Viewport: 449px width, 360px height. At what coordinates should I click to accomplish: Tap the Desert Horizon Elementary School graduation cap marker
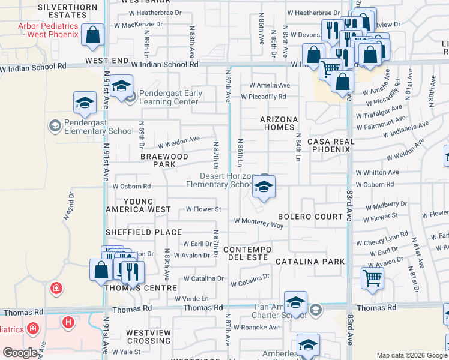point(263,188)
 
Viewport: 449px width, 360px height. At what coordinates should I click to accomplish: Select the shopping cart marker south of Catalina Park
point(372,279)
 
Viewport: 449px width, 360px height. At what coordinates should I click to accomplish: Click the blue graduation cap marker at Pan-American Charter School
point(295,304)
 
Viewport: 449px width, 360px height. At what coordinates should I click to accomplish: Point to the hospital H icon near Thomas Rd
point(68,322)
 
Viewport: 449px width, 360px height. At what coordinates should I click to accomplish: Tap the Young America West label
point(138,205)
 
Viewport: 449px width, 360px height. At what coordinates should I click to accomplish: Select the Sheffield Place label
point(143,232)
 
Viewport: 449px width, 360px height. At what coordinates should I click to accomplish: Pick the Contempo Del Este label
point(247,253)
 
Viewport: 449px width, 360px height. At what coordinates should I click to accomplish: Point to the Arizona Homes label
point(279,124)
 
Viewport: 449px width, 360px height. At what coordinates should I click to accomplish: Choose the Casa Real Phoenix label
point(328,145)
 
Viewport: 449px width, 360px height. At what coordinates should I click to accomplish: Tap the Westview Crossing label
point(149,337)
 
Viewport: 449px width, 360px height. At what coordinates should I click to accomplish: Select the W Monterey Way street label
point(258,224)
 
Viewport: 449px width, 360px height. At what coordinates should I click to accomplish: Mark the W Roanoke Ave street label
point(256,328)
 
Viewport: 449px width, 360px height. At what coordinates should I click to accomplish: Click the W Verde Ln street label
point(191,298)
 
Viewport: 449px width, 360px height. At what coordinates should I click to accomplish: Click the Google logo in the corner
point(20,353)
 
